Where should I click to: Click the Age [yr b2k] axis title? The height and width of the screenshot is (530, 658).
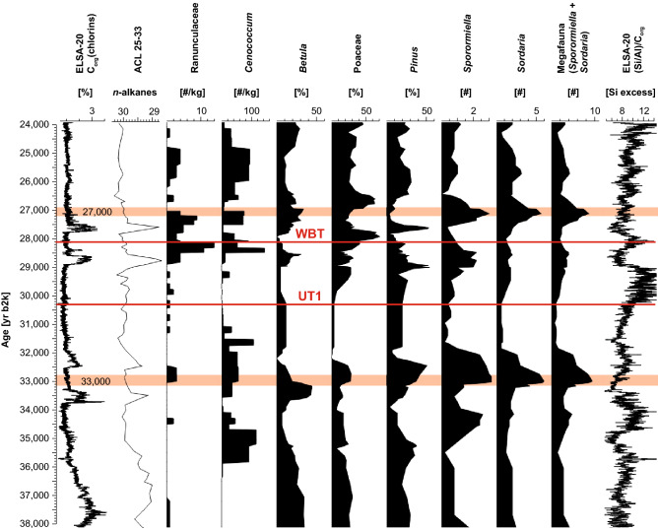[x=9, y=325]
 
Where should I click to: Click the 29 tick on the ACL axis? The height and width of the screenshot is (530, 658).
[x=154, y=111]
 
